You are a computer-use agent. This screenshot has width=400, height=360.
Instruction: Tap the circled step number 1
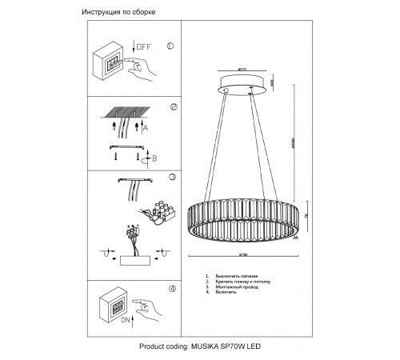click(x=170, y=46)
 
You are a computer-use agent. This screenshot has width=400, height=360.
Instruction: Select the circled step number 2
click(x=173, y=106)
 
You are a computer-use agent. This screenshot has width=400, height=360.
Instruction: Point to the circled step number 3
click(x=171, y=177)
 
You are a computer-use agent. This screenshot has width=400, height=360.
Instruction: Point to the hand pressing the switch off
click(x=141, y=71)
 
